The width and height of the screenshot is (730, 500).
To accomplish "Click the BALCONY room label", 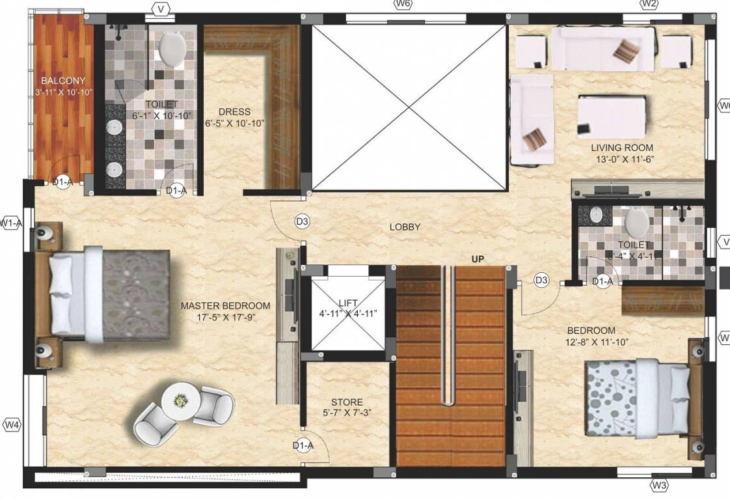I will [x=63, y=81].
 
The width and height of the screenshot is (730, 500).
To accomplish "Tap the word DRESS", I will [x=234, y=111].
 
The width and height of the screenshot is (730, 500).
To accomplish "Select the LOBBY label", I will [x=405, y=227].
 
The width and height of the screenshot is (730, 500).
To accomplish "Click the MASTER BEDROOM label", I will [x=225, y=305].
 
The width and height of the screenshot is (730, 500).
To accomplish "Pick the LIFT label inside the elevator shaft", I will [x=348, y=303].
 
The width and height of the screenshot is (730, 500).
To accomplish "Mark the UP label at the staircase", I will [x=478, y=259].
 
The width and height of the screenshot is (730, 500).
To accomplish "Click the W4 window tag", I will [x=12, y=425].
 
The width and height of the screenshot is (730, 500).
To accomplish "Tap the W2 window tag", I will [x=649, y=5].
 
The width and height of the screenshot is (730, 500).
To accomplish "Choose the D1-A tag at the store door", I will [x=303, y=445].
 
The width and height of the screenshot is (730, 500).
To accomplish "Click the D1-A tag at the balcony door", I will [x=62, y=183].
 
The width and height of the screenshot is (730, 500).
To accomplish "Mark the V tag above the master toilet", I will [x=160, y=9].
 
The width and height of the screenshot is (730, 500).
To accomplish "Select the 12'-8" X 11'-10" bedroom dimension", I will [x=597, y=342].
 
